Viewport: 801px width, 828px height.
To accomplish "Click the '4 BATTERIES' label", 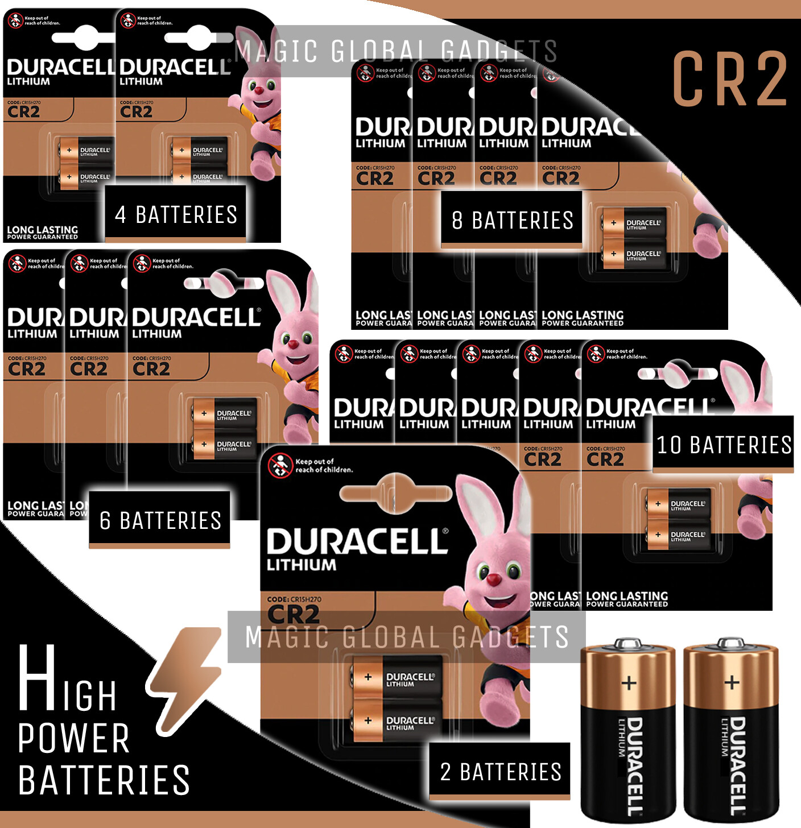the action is pos(175,214).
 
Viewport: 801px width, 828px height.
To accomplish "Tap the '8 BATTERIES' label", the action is pos(511,220).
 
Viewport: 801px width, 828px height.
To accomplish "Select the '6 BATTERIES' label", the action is pos(160,520).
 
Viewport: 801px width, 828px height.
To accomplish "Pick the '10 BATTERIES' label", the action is pos(723,445).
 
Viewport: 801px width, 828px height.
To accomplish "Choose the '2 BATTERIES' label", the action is pos(500,772).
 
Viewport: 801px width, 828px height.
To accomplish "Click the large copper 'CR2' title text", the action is pos(730,78).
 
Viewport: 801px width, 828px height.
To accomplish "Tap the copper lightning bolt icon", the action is pos(185,679).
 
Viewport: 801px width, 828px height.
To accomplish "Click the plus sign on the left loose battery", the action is pos(629,682).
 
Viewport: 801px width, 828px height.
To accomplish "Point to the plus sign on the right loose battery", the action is pos(732,682).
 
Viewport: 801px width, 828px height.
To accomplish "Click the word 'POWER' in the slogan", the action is pos(74,739).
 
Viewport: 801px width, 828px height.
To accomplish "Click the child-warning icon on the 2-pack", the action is pos(279,465).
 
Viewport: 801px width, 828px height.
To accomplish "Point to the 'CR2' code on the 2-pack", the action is pos(293,614).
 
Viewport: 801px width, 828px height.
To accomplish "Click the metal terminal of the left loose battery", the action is pos(628,643).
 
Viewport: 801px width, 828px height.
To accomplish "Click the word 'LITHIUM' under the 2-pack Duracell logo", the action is pos(302,565).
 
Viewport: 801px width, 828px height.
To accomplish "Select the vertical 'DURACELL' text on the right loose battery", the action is pos(737,765).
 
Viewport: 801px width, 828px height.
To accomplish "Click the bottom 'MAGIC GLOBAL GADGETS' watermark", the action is pos(407,637).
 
